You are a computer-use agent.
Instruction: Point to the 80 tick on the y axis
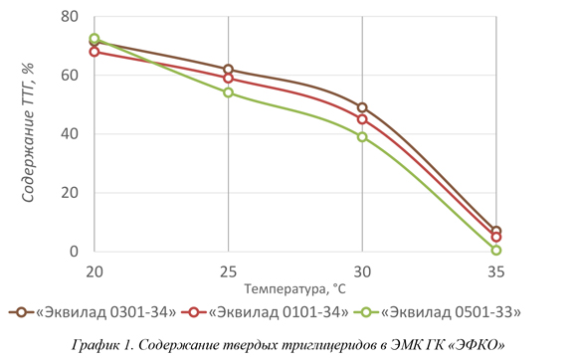coord(70,17)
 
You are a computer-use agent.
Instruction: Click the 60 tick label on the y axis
coord(70,76)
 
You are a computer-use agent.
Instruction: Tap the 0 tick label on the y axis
coord(74,252)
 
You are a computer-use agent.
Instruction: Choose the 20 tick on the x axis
coord(95,272)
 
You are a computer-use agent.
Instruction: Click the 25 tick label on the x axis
coord(228,272)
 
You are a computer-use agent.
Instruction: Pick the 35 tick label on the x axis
coord(496,272)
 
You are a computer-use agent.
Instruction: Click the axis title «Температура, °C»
coord(295,289)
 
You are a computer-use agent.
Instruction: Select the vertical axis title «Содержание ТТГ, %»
coord(28,132)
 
